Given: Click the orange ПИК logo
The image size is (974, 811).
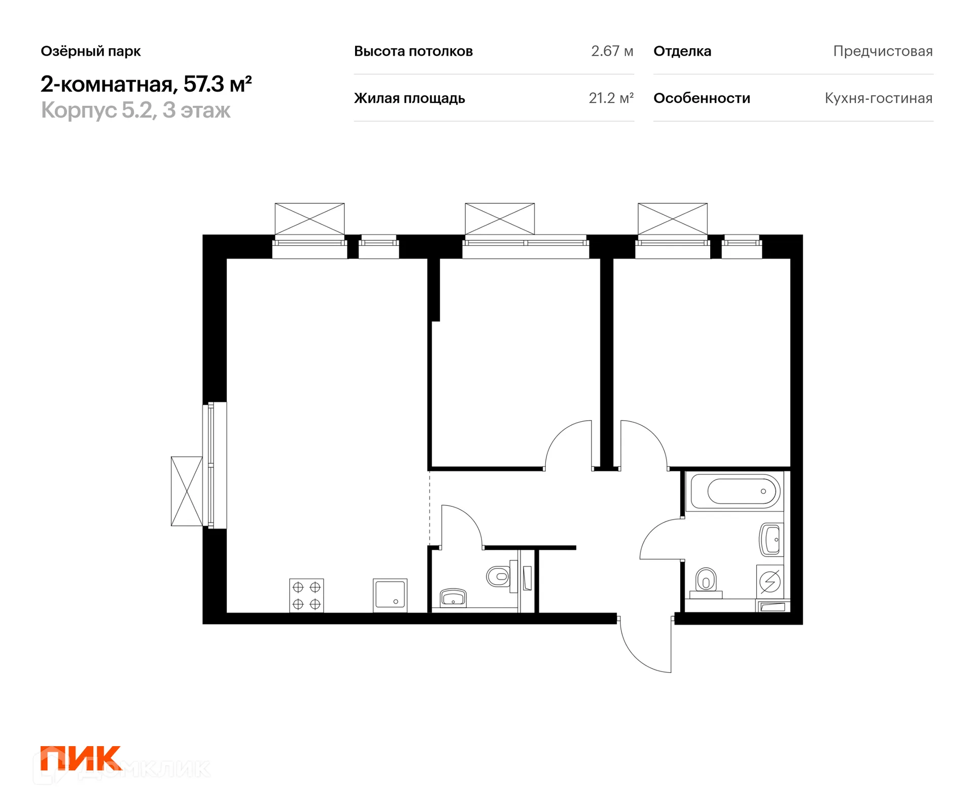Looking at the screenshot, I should [81, 758].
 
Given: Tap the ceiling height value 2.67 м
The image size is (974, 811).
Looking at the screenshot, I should [612, 51].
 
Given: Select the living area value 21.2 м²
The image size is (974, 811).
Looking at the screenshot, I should [611, 98].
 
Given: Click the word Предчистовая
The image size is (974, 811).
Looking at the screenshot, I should [883, 51].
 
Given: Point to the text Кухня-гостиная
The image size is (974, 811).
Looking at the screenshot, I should [879, 98].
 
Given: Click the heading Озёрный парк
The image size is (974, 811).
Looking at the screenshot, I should [91, 51].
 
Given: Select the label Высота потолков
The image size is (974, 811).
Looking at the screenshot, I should [413, 51].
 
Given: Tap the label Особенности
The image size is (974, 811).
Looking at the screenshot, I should [702, 98].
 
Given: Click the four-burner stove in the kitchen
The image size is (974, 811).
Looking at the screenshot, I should [306, 595].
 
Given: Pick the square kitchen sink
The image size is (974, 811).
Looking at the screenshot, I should [390, 595].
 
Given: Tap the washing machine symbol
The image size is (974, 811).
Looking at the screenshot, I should [770, 581].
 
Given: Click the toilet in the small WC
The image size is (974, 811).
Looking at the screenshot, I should [499, 576].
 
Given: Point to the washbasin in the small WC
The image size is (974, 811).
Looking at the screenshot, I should [453, 598].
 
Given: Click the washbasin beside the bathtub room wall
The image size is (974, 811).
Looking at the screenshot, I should [771, 540].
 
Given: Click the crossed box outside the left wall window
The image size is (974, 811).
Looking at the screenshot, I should [187, 491].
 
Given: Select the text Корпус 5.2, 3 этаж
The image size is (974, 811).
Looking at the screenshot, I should [135, 110].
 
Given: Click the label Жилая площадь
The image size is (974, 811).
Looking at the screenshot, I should [409, 98].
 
